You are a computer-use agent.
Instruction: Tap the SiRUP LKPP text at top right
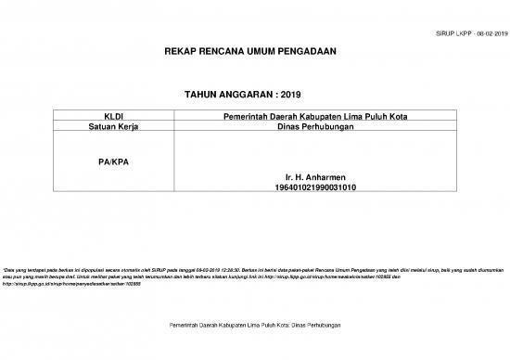[x=450, y=32]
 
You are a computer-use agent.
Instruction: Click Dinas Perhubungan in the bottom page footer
[x=311, y=327]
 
